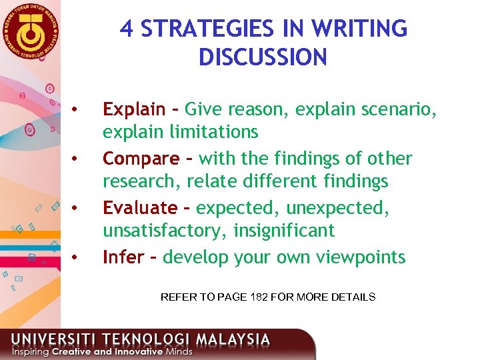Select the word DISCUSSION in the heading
tap(263, 57)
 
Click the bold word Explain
tap(133, 109)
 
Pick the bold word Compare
tap(141, 159)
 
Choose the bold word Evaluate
tap(140, 208)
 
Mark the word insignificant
tap(291, 231)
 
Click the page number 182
tap(259, 297)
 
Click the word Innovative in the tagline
tap(139, 351)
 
